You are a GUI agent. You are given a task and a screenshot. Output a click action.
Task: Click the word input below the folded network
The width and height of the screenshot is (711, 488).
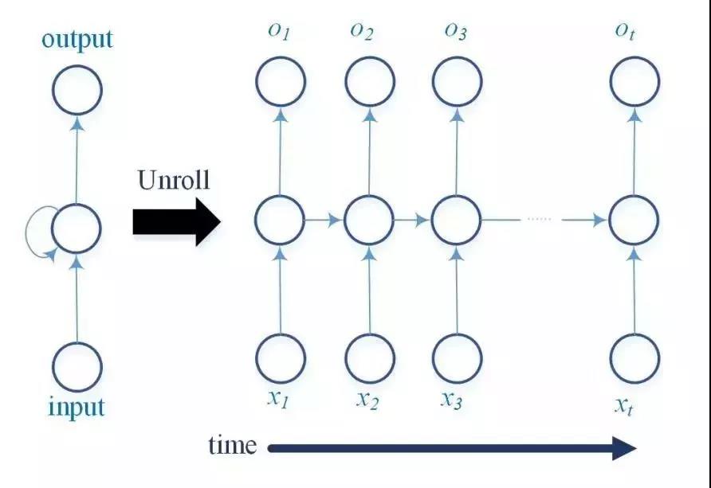click(77, 408)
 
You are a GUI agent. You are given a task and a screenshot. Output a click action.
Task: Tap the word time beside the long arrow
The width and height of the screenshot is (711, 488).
click(233, 445)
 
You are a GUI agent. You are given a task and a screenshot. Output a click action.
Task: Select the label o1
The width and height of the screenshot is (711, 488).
click(280, 33)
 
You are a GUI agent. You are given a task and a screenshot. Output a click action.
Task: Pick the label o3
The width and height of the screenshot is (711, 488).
click(457, 33)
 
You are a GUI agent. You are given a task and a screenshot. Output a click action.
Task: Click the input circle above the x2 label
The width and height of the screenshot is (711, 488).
click(368, 360)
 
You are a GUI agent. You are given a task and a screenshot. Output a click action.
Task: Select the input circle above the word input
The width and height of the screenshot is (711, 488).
click(77, 365)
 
